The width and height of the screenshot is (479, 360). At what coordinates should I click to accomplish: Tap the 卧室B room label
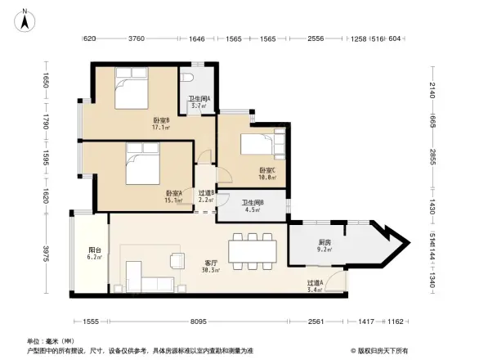(159, 122)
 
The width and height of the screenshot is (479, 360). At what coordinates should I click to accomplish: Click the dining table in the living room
(252, 249)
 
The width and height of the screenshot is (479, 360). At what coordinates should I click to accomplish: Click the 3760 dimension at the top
(137, 39)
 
